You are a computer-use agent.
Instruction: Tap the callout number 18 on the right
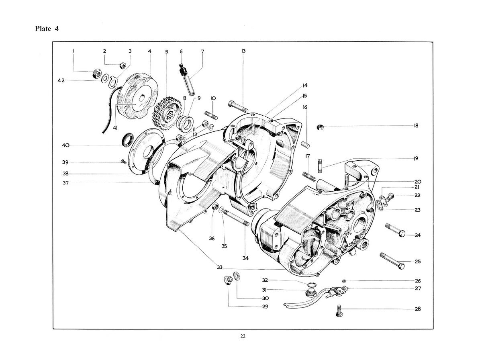click(x=416, y=126)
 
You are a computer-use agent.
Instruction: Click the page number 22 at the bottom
click(x=243, y=337)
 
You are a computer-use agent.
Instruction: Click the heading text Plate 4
click(x=47, y=29)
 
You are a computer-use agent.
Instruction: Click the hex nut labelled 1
click(x=96, y=74)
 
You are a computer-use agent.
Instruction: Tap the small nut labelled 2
click(x=123, y=65)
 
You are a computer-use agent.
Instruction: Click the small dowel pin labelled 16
click(x=306, y=143)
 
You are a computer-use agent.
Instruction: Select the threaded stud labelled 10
click(x=212, y=115)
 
